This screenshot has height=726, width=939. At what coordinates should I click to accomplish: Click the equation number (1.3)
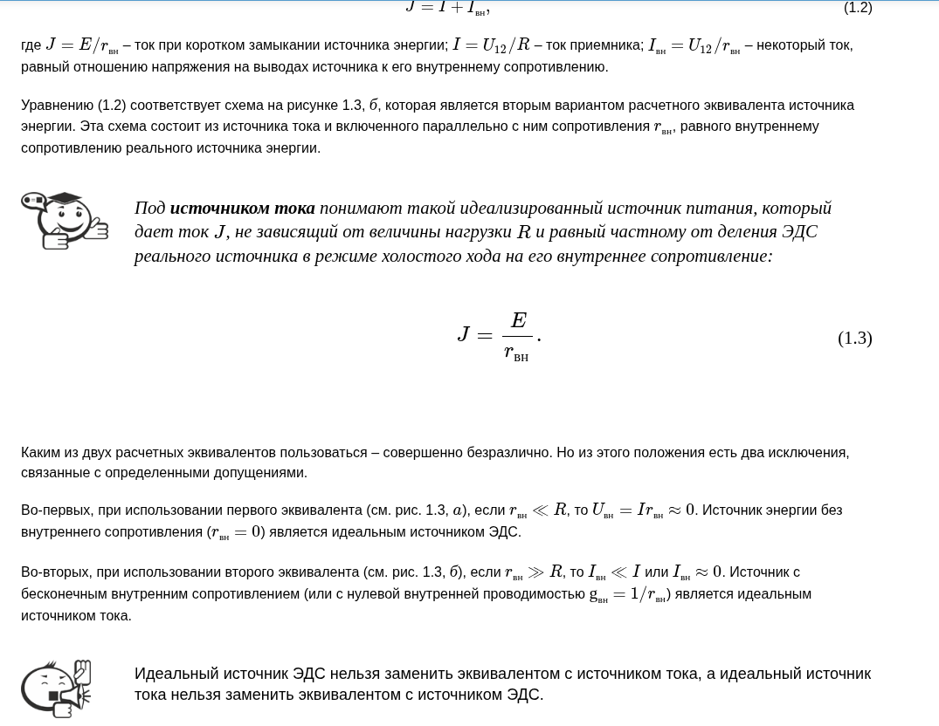854,339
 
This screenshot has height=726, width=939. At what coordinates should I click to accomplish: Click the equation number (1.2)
857,8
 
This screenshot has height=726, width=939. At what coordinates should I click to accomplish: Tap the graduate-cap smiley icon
64,220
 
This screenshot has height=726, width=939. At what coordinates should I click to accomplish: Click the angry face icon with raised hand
56,689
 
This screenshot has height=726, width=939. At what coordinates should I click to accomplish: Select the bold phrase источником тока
242,209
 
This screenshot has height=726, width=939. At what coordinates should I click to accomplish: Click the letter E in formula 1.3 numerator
518,320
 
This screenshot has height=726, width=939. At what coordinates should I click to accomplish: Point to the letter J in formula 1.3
464,335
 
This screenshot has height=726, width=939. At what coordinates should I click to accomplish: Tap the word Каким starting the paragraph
40,453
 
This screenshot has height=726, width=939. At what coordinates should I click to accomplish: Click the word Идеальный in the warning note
174,674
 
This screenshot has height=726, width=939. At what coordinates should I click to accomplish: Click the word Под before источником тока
149,209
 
